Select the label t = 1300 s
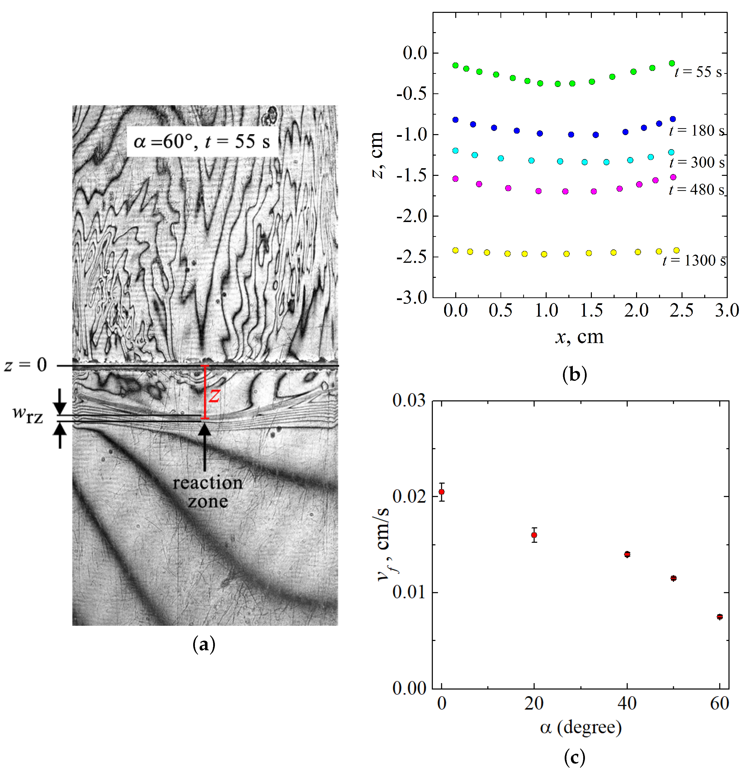tap(694, 261)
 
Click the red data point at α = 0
tap(442, 492)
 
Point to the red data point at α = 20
tap(534, 535)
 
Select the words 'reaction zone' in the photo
tap(207, 492)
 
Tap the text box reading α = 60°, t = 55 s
tap(202, 141)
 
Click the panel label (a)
tap(204, 645)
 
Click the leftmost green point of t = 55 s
tap(455, 65)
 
